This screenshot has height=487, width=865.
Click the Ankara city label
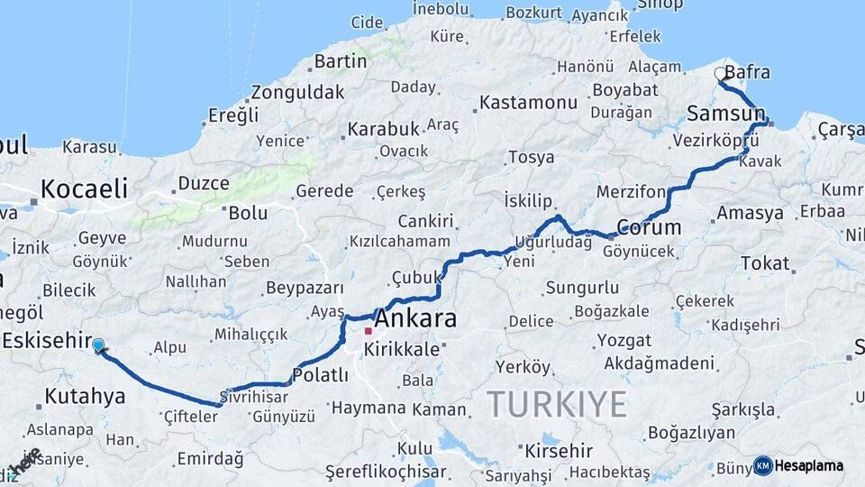[414, 318]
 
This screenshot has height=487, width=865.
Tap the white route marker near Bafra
[720, 73]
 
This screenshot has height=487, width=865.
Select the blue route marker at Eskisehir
[98, 345]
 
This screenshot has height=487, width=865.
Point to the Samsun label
[724, 114]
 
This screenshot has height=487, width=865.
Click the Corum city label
[649, 226]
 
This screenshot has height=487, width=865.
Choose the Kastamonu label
[528, 102]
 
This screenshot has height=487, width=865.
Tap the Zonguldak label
[297, 92]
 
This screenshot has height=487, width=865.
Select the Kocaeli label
[83, 188]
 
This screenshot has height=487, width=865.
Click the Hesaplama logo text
[809, 466]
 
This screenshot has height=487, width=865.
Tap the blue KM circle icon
[762, 466]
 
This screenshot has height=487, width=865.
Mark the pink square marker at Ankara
[368, 331]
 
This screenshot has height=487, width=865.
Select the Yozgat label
[624, 341]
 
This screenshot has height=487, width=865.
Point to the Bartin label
[341, 61]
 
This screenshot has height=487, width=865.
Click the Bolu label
[248, 213]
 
